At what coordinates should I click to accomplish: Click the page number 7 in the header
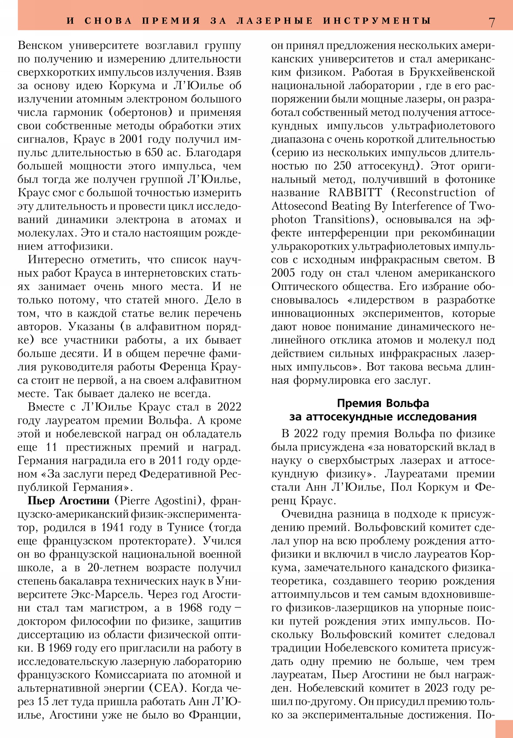(492, 22)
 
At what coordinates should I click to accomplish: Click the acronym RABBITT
(355, 193)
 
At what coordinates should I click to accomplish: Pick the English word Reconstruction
(436, 193)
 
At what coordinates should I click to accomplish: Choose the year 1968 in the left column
(190, 607)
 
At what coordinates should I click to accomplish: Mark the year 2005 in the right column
(283, 273)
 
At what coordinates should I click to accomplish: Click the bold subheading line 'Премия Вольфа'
(383, 403)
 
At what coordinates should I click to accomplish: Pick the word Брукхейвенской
(452, 72)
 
